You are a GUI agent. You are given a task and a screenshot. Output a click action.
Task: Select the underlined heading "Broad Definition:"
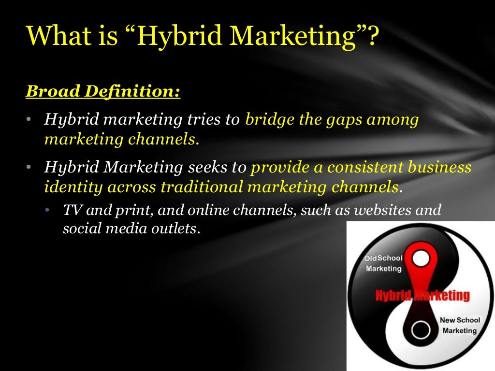[103, 91]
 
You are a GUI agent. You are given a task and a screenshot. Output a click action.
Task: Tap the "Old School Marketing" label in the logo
[383, 263]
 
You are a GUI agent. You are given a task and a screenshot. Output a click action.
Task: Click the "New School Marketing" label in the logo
[459, 326]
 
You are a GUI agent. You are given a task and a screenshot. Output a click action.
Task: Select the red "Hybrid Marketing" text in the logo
[422, 296]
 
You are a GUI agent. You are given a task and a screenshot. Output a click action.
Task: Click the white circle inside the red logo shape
[422, 258]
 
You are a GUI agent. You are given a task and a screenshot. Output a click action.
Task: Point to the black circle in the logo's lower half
[421, 332]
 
